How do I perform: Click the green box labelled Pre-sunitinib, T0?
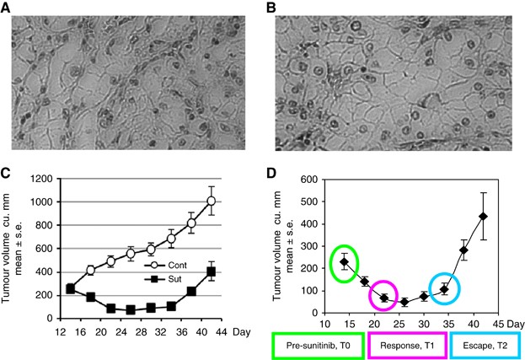click(316, 344)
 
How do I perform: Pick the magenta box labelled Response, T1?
click(406, 344)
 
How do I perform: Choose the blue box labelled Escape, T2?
click(484, 344)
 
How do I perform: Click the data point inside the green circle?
click(345, 262)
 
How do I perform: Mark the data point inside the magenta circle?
click(383, 298)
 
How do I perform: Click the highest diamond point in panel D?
click(484, 217)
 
